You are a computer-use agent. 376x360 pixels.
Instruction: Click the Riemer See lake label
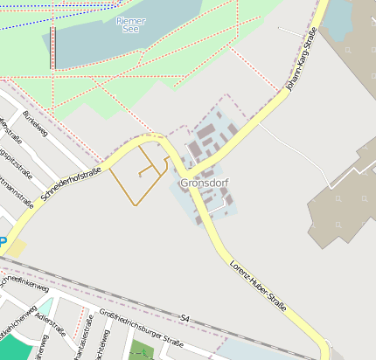(x=131, y=24)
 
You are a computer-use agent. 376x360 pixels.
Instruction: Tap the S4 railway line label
(x=185, y=317)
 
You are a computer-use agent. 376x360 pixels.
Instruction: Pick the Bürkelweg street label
(x=34, y=125)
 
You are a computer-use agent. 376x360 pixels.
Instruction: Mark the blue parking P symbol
(x=3, y=242)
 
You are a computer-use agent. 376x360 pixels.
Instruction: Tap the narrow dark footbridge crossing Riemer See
(x=52, y=47)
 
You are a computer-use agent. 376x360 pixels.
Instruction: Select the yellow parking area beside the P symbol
(x=16, y=249)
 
